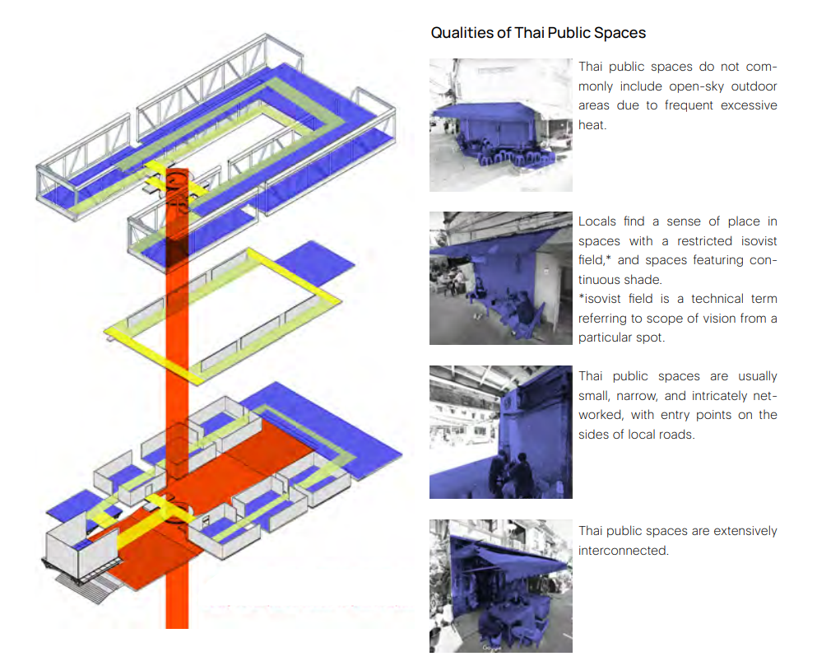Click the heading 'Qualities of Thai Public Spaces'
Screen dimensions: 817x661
[x=538, y=33]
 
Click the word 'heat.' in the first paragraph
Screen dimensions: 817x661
[x=592, y=125]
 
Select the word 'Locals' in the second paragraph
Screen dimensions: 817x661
[x=597, y=221]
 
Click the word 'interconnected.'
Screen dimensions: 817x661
[x=623, y=551]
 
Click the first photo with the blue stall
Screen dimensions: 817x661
[x=501, y=125]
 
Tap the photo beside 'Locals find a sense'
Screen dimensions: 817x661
[x=501, y=278]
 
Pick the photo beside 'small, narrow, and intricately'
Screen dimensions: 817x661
[x=501, y=432]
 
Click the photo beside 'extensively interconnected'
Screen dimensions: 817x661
[x=501, y=586]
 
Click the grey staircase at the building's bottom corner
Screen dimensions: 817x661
[x=86, y=586]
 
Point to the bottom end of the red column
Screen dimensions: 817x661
[x=177, y=627]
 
